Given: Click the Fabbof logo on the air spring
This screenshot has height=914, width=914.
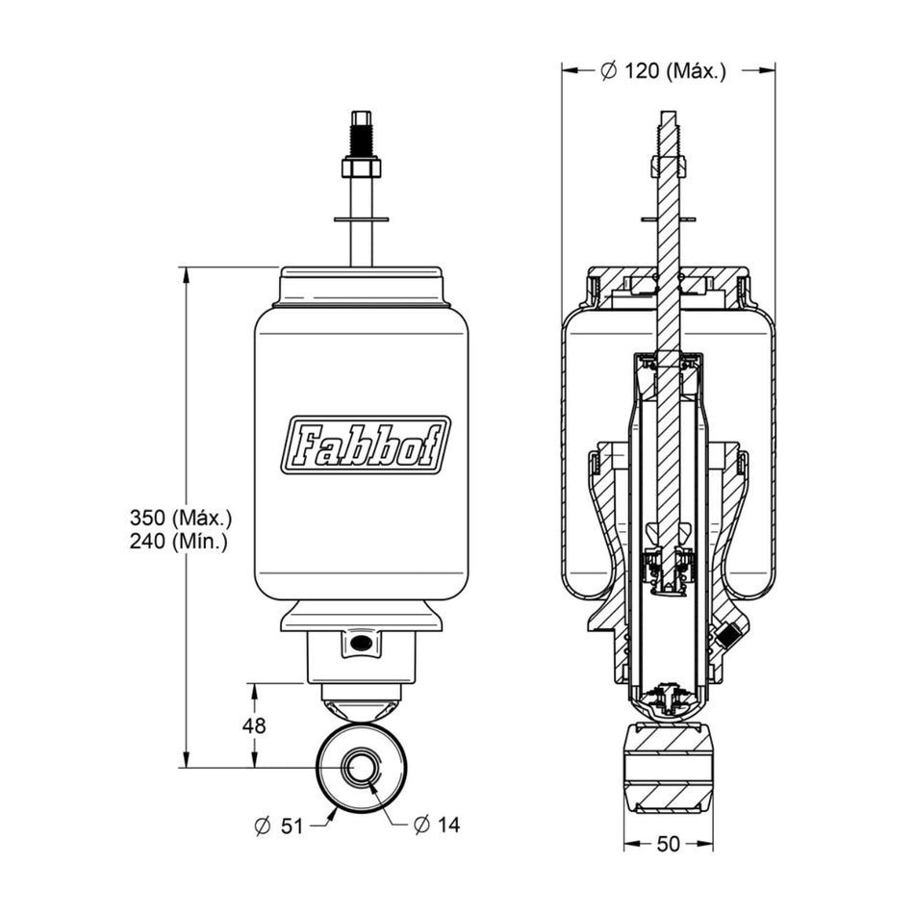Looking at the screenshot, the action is pos(366,444).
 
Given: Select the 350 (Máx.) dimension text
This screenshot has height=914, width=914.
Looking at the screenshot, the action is pos(181,517).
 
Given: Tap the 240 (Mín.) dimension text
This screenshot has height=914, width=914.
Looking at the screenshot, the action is pos(178,542).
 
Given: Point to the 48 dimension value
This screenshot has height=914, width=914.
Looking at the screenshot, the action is pos(254,725).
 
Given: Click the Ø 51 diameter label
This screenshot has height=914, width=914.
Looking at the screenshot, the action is pos(279,826).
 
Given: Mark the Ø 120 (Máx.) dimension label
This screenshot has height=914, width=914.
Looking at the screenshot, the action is pos(663,71).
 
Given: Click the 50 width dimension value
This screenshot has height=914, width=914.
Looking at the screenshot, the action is pos(668,844).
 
